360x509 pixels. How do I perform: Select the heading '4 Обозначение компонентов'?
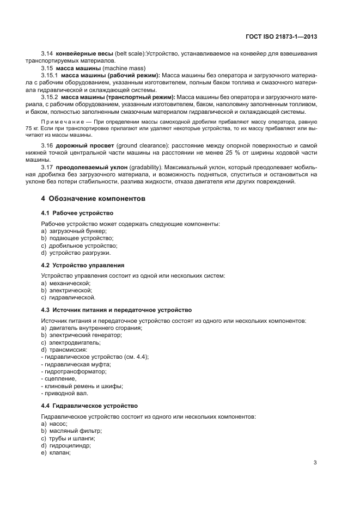93,199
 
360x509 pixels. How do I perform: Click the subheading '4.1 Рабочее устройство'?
77,213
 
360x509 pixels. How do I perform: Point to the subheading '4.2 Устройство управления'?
83,265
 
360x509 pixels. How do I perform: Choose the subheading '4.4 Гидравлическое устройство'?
89,406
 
